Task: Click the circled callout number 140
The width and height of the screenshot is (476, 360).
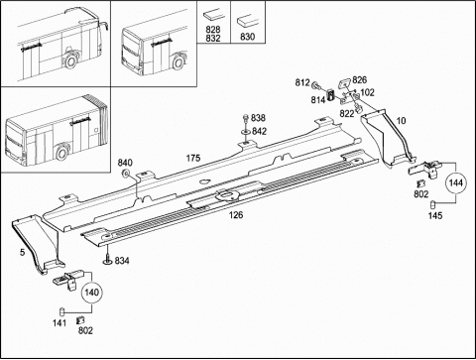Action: pyautogui.click(x=91, y=293)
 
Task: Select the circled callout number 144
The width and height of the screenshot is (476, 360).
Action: pyautogui.click(x=456, y=182)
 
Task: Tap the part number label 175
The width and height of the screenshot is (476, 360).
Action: pyautogui.click(x=193, y=158)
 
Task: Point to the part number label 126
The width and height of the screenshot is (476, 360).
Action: pyautogui.click(x=236, y=215)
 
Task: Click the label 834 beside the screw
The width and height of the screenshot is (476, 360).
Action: pyautogui.click(x=122, y=261)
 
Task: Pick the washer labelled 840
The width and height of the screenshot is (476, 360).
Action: pyautogui.click(x=126, y=173)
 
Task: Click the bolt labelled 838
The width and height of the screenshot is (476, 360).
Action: pyautogui.click(x=245, y=118)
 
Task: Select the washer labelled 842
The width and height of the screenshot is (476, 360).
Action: pyautogui.click(x=245, y=132)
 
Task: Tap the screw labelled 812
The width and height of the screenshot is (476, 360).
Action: pyautogui.click(x=315, y=85)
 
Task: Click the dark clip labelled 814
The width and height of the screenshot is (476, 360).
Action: pyautogui.click(x=331, y=94)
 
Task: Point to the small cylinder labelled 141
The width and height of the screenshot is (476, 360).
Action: pyautogui.click(x=61, y=311)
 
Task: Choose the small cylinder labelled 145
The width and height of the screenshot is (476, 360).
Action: pyautogui.click(x=432, y=204)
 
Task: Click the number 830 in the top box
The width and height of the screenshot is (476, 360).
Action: pyautogui.click(x=247, y=37)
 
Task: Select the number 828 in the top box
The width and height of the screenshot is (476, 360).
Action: pyautogui.click(x=213, y=30)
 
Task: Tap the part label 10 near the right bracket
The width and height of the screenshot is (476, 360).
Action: pyautogui.click(x=401, y=121)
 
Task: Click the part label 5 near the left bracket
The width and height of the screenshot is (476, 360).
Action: pyautogui.click(x=22, y=252)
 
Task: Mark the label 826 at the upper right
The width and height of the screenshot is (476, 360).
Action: pyautogui.click(x=359, y=80)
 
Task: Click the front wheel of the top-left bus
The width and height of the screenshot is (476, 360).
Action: pyautogui.click(x=70, y=61)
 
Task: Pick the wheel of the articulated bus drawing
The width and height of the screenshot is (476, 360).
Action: pyautogui.click(x=61, y=153)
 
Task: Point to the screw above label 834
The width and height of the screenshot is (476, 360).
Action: pyautogui.click(x=108, y=256)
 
